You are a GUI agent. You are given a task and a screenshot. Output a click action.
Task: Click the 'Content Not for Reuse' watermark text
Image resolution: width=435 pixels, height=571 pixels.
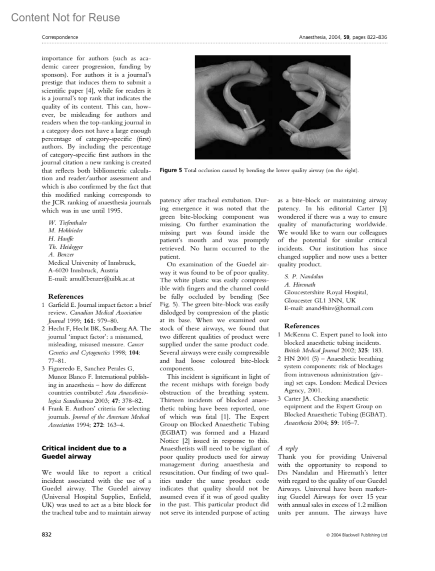(x=65, y=17)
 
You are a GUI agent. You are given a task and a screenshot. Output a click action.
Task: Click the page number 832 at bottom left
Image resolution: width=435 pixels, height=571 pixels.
(x=46, y=534)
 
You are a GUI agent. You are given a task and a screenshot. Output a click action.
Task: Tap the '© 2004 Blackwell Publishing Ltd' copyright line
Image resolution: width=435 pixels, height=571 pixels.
(x=356, y=535)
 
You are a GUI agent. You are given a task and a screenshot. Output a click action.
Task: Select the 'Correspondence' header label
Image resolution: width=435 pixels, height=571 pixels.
(x=60, y=37)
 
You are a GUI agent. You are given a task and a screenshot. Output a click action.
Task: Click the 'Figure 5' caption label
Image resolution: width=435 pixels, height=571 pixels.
(x=171, y=170)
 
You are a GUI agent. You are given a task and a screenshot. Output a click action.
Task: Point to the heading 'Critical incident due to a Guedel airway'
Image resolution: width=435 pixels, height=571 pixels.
(x=84, y=452)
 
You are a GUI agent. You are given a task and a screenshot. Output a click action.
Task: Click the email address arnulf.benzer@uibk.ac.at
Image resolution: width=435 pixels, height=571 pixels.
(x=91, y=278)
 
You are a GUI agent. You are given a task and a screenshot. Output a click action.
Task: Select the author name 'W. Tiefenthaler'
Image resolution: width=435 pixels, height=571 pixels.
(x=68, y=222)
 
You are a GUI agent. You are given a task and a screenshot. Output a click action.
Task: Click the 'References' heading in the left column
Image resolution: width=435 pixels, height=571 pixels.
(x=66, y=296)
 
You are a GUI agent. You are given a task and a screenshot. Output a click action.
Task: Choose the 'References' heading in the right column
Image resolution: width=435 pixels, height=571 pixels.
(x=302, y=326)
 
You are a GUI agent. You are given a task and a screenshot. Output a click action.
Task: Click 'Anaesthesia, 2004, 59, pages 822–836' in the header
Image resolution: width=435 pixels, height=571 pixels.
(x=343, y=37)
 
